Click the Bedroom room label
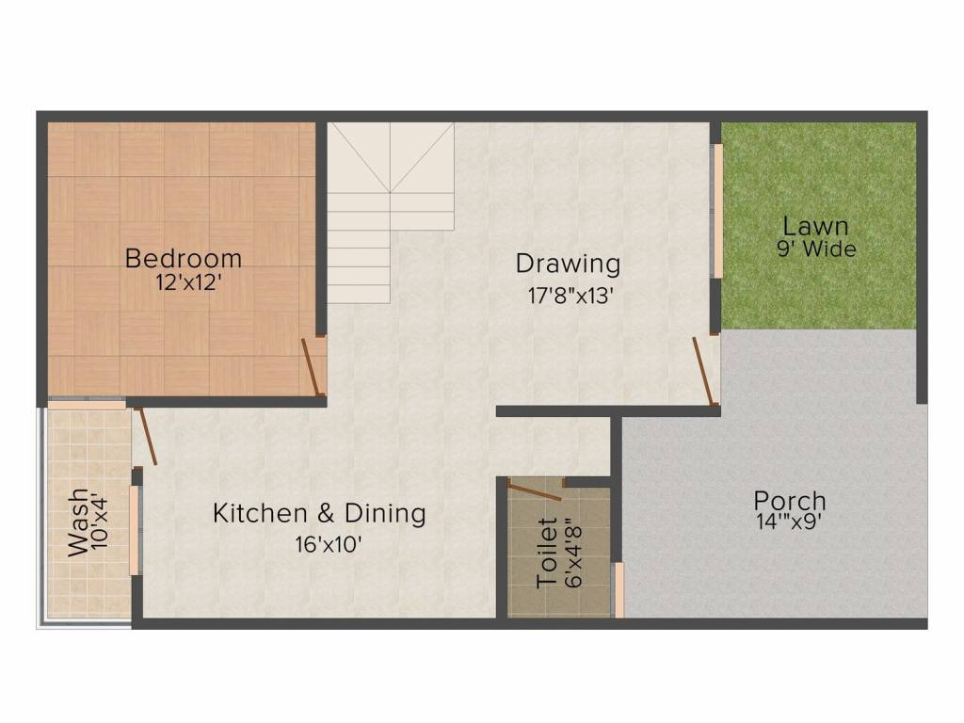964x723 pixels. [x=184, y=257]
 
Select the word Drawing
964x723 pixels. [x=568, y=264]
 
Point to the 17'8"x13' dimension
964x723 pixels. [x=570, y=295]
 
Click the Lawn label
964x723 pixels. [x=815, y=226]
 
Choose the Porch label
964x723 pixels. [x=789, y=500]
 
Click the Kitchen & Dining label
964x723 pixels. [x=319, y=514]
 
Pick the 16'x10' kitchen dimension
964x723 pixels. [x=327, y=543]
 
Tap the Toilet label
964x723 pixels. [x=548, y=553]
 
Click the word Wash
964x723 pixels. [x=78, y=522]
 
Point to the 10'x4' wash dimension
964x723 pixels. [x=103, y=522]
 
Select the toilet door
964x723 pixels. [x=534, y=490]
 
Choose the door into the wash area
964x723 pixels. [x=146, y=436]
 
